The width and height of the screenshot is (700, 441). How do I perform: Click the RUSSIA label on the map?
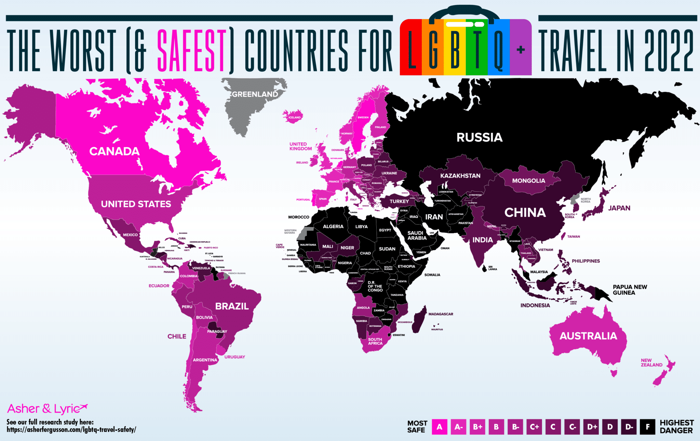(479, 138)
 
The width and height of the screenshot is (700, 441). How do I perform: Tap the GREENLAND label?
(255, 94)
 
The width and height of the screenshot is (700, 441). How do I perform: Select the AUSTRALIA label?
(588, 336)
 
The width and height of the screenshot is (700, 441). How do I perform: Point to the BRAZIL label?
(232, 306)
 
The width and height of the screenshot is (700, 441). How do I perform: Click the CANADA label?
(114, 151)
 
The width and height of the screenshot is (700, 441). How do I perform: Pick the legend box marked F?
(647, 427)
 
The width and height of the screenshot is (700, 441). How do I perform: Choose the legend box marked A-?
(458, 427)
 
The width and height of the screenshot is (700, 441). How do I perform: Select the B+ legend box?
(477, 427)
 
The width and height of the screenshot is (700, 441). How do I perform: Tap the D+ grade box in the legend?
(591, 427)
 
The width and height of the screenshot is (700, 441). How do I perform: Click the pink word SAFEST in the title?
(192, 51)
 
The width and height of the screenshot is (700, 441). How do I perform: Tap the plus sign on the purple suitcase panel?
(521, 50)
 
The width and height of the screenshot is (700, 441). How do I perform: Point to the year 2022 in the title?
(669, 51)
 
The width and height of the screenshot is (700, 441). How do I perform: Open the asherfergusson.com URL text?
(71, 430)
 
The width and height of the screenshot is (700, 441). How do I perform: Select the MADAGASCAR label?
(441, 314)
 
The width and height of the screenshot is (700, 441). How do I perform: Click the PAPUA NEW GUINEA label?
(630, 290)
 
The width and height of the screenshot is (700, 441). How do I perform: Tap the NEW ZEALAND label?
(651, 363)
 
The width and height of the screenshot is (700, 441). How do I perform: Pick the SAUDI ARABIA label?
(417, 235)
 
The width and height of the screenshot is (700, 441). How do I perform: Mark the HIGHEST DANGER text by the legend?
(676, 427)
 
